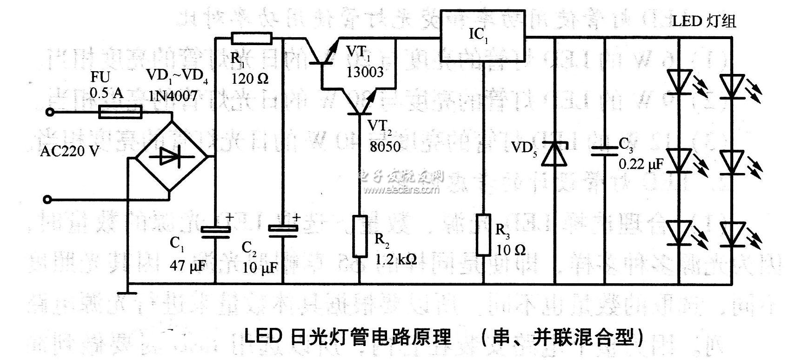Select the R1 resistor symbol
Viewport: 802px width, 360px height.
pos(251,38)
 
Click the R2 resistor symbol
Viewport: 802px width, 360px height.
pos(360,236)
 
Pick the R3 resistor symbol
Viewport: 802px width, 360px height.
pos(483,235)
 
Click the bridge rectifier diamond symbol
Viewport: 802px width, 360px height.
pos(169,156)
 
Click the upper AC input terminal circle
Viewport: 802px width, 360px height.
pos(47,112)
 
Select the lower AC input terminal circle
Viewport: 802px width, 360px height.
pos(46,200)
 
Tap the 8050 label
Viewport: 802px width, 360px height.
pos(385,146)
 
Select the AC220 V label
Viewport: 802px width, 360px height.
pos(70,151)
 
